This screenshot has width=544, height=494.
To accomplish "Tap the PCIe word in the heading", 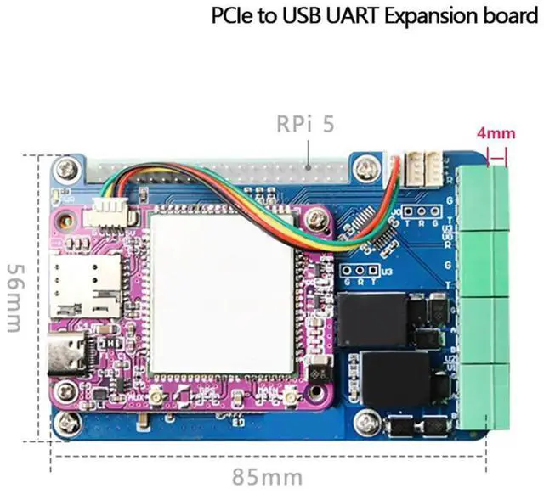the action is (230, 16).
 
